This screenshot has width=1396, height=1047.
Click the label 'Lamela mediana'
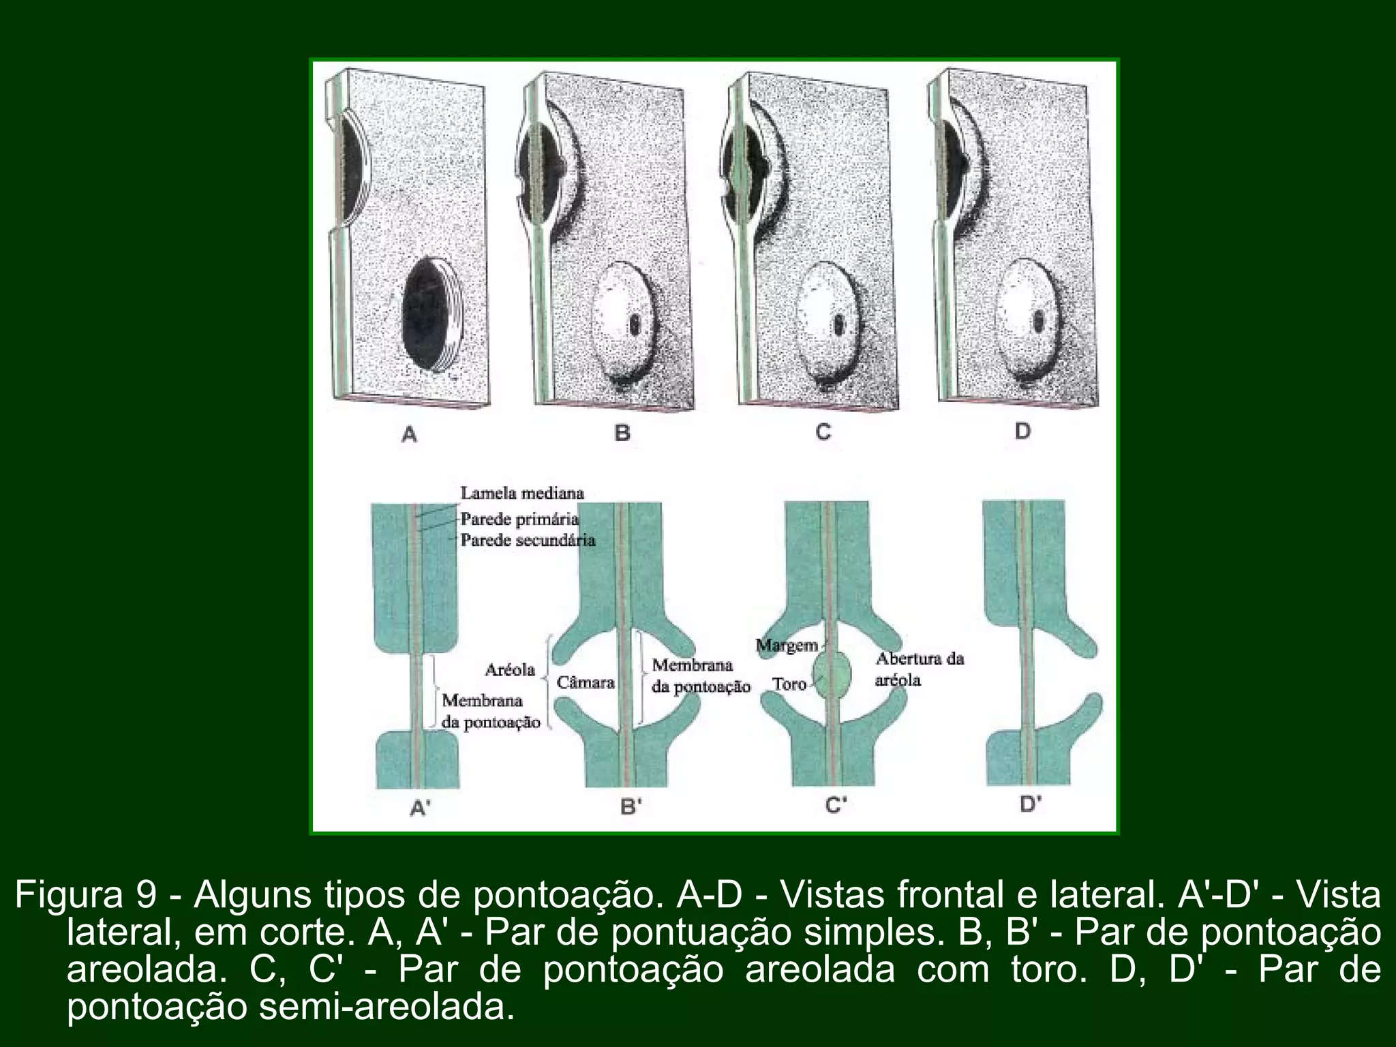[x=522, y=493]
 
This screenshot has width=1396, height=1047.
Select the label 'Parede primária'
[x=519, y=519]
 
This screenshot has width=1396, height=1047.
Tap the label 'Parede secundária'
[x=528, y=541]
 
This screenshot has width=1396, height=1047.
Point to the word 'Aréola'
[x=510, y=670]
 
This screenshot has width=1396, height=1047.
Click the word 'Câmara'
[x=586, y=682]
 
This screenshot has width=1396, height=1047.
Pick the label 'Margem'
[x=787, y=645]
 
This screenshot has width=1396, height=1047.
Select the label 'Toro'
[x=789, y=684]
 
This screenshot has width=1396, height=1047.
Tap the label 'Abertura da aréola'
[x=919, y=669]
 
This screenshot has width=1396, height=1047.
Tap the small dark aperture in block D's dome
[x=1039, y=320]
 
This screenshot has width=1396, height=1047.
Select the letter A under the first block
[x=409, y=434]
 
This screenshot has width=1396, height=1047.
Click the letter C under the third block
[x=823, y=432]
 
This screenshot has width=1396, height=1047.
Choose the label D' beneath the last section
[x=1031, y=804]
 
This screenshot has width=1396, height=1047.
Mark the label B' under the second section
[x=631, y=806]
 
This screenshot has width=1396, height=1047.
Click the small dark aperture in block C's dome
[x=838, y=322]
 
